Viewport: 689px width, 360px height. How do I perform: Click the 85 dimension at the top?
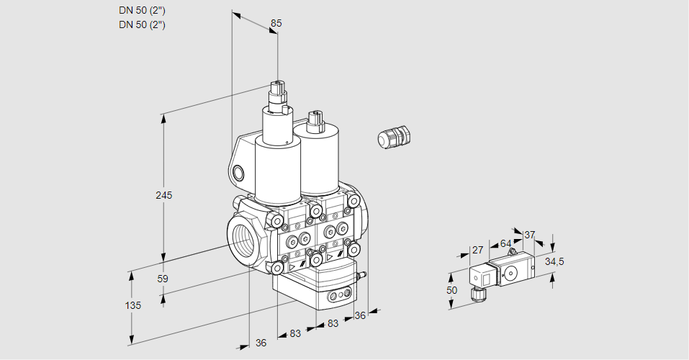coord(276,23)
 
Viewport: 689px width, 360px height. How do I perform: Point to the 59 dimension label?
coord(163,279)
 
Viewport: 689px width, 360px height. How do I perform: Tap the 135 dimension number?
coord(132,305)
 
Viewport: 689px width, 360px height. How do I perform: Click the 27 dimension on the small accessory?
coord(477,250)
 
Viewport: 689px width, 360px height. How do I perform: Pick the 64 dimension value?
coord(505,243)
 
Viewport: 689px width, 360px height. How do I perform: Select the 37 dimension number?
coord(529,235)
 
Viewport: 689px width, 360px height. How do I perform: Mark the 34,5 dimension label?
coord(554,261)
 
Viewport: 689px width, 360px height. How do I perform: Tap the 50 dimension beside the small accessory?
coord(451,290)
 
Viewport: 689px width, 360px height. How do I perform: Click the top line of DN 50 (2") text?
coord(143,10)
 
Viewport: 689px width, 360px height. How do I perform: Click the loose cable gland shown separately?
coord(394,137)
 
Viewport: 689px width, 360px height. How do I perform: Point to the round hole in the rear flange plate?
coord(239,173)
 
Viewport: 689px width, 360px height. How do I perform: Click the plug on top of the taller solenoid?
coord(277,92)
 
